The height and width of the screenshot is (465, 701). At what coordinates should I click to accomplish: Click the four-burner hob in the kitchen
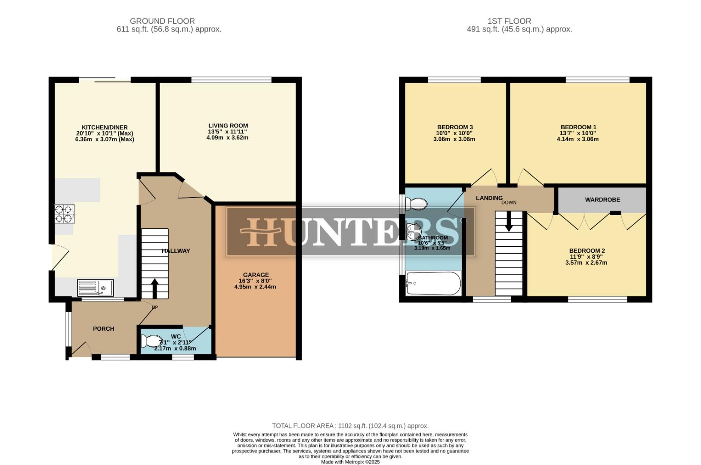click(65, 214)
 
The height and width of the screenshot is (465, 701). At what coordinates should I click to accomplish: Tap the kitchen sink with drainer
click(96, 288)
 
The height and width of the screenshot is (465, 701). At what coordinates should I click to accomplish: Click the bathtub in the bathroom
click(433, 283)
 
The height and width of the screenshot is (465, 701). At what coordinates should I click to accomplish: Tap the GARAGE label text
click(256, 275)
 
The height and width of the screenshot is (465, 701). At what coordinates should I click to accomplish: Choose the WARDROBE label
click(602, 200)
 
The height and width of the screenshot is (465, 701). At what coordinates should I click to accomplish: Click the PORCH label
click(104, 329)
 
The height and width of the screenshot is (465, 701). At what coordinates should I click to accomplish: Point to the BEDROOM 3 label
click(455, 127)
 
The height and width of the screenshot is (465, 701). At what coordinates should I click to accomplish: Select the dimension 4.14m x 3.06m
click(577, 139)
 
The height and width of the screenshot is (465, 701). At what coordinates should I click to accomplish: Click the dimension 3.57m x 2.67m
click(586, 263)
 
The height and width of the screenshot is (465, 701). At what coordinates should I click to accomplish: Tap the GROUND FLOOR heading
click(162, 21)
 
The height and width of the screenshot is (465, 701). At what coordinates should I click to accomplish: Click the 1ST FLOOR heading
click(509, 21)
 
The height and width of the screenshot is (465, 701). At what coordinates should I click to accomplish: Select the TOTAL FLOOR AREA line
click(350, 426)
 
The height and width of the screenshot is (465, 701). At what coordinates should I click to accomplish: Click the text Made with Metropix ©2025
click(350, 462)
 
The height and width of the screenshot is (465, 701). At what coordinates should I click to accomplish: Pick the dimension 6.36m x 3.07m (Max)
click(105, 139)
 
